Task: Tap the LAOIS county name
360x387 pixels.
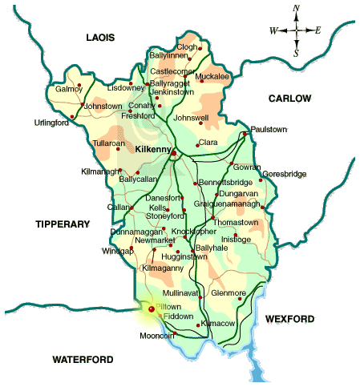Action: click(101, 38)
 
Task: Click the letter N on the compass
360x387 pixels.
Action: click(296, 9)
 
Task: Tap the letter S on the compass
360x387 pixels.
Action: click(296, 54)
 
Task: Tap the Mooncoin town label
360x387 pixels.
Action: click(156, 336)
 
